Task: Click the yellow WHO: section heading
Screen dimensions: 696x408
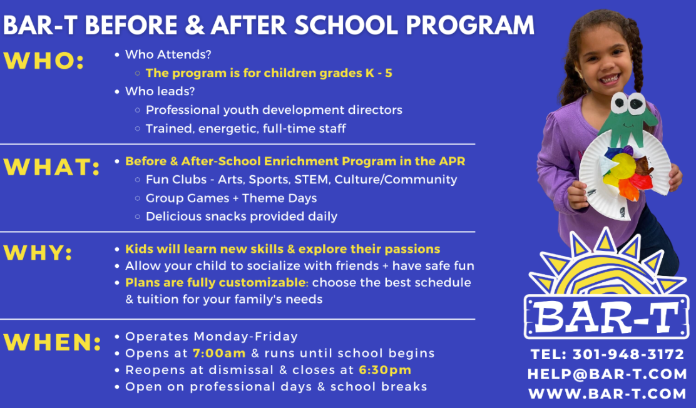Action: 44,61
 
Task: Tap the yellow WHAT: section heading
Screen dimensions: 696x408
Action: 52,167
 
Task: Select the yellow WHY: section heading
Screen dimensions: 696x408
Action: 38,253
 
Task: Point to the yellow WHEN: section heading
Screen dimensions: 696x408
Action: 53,342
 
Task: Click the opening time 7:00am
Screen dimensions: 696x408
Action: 219,354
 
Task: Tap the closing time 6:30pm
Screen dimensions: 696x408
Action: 385,370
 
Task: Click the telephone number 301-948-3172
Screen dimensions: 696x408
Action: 628,354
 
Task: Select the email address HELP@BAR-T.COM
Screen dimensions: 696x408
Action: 607,374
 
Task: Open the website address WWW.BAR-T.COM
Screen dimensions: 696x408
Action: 607,394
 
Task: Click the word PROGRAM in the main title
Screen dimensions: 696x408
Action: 470,25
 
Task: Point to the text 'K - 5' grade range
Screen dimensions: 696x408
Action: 379,73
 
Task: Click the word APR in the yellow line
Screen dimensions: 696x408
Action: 452,161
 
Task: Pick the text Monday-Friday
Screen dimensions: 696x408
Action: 246,337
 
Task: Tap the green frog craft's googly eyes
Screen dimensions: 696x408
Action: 628,103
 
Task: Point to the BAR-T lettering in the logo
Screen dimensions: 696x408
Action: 606,317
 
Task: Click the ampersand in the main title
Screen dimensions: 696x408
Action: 195,25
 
